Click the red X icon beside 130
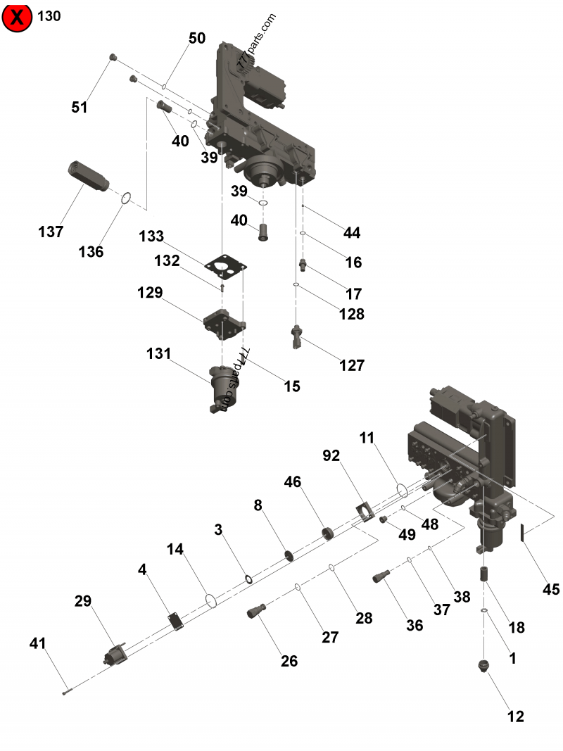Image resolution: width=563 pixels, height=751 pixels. point(18,17)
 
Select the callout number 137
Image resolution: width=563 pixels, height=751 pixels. point(51,232)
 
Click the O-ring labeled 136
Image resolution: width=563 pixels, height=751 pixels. point(125,198)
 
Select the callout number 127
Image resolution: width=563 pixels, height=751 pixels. point(352,365)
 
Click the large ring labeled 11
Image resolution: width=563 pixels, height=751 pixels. point(401,489)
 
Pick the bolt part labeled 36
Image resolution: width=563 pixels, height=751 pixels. point(381,576)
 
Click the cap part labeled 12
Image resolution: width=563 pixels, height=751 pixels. point(483,665)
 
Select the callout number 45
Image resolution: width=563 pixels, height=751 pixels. point(550,588)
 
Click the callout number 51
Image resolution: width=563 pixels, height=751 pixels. point(80,107)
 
